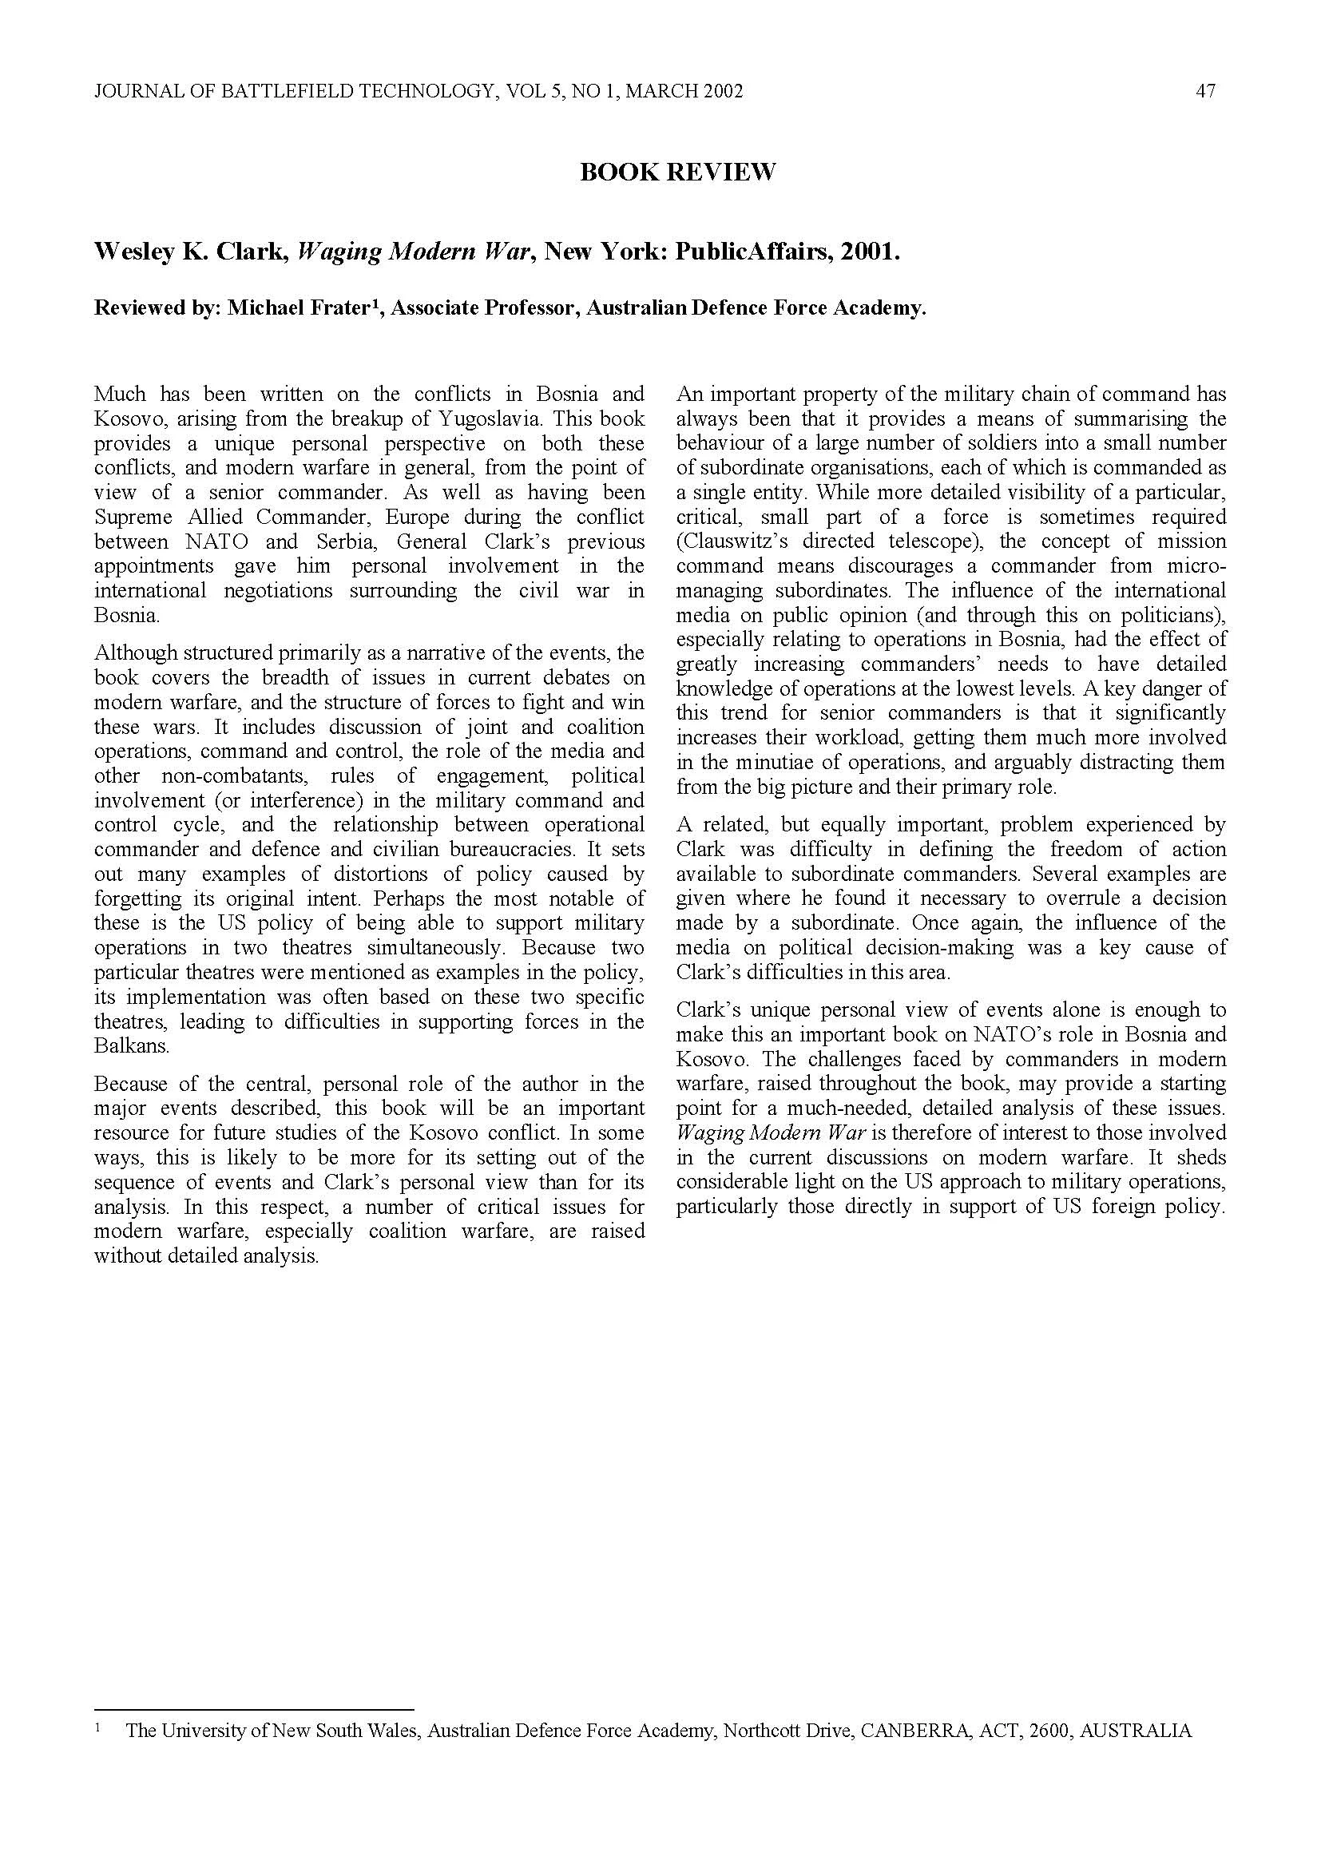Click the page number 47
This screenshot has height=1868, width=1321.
(x=1205, y=91)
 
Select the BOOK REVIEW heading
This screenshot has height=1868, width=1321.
(x=677, y=173)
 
